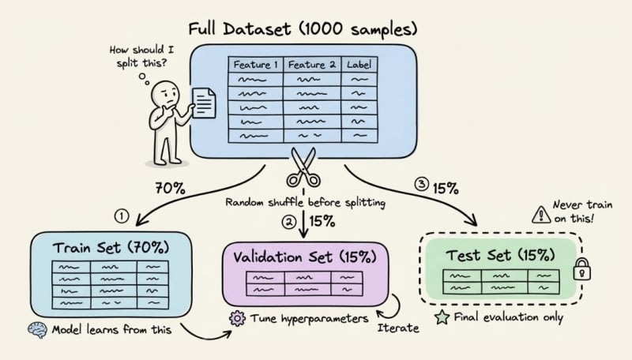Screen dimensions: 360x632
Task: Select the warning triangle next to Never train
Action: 540,212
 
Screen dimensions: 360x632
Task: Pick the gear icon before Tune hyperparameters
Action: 235,318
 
